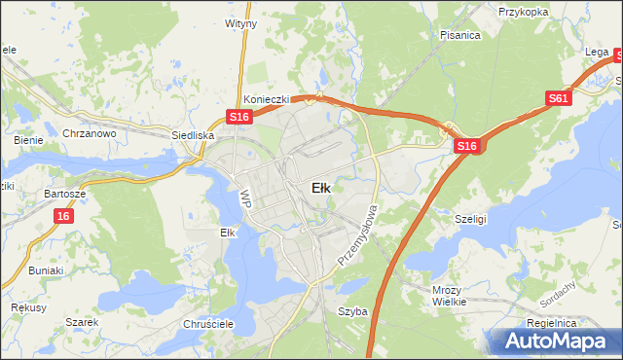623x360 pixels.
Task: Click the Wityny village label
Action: click(240, 21)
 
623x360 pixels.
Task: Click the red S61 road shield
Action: click(558, 98)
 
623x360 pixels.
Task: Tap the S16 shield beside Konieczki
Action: click(240, 117)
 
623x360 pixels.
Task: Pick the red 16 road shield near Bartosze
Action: click(63, 216)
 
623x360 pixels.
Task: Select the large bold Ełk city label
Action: click(320, 188)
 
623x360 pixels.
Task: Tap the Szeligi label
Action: click(471, 220)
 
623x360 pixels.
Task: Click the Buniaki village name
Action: click(46, 270)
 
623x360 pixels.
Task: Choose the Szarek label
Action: click(83, 322)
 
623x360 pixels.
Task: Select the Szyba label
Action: click(351, 311)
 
